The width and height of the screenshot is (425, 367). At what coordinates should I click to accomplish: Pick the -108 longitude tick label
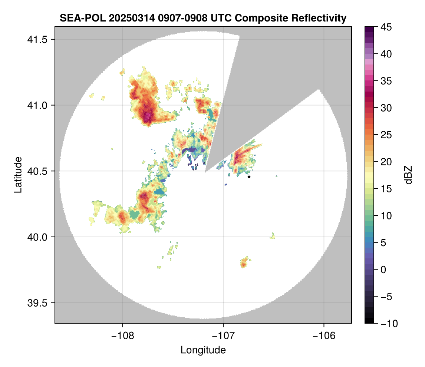point(122,336)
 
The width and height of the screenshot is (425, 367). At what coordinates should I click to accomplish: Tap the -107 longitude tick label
point(223,336)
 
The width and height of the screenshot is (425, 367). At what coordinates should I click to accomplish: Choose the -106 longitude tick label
point(324,336)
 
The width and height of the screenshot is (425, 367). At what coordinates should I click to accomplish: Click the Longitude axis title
point(203,350)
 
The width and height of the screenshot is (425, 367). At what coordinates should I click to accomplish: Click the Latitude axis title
point(18,174)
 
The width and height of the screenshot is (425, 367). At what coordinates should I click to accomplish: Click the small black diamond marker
point(249,177)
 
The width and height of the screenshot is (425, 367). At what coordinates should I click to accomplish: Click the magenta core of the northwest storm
point(148,116)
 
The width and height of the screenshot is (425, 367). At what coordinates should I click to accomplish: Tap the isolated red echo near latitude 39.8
point(244,264)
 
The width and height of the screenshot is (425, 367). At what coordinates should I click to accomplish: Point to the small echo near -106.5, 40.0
point(273,236)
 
